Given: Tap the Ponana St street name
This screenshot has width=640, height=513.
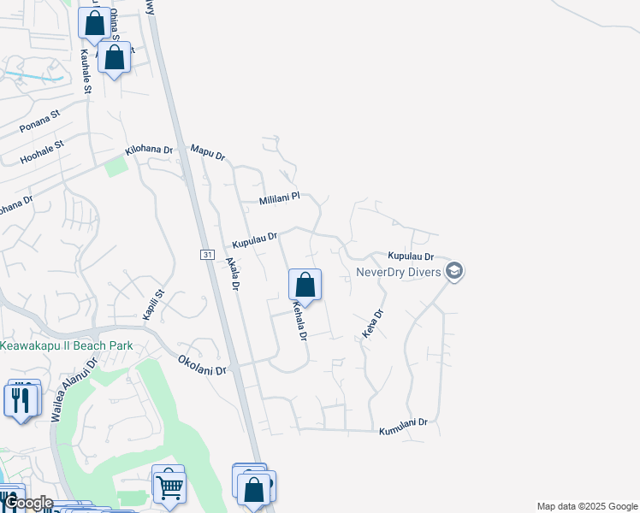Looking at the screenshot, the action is click(x=40, y=121).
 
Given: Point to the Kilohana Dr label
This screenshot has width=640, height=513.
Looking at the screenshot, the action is click(x=149, y=150).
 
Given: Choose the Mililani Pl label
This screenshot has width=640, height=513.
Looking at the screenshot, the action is click(x=280, y=198).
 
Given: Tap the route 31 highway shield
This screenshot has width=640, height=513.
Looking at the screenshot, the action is click(x=207, y=256).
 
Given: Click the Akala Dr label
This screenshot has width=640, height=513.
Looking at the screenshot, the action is click(x=231, y=274).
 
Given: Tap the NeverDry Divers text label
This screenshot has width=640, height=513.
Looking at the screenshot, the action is click(x=398, y=273).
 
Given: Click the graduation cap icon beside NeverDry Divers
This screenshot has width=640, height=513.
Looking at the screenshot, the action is click(x=455, y=272).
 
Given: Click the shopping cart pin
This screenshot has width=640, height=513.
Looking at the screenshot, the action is click(x=169, y=487).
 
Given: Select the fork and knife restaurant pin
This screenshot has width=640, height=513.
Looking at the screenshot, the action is click(x=21, y=399).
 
